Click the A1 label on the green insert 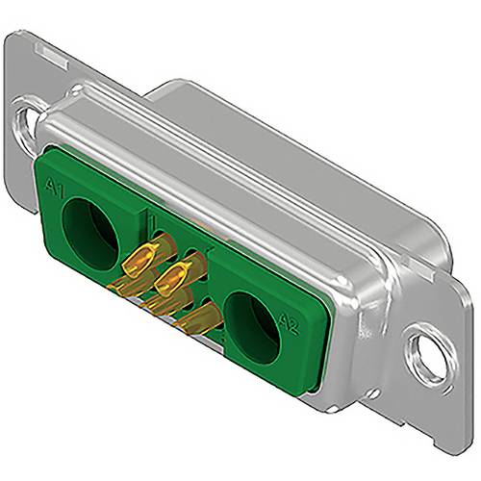(55, 190)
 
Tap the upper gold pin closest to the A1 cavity (142, 258)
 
